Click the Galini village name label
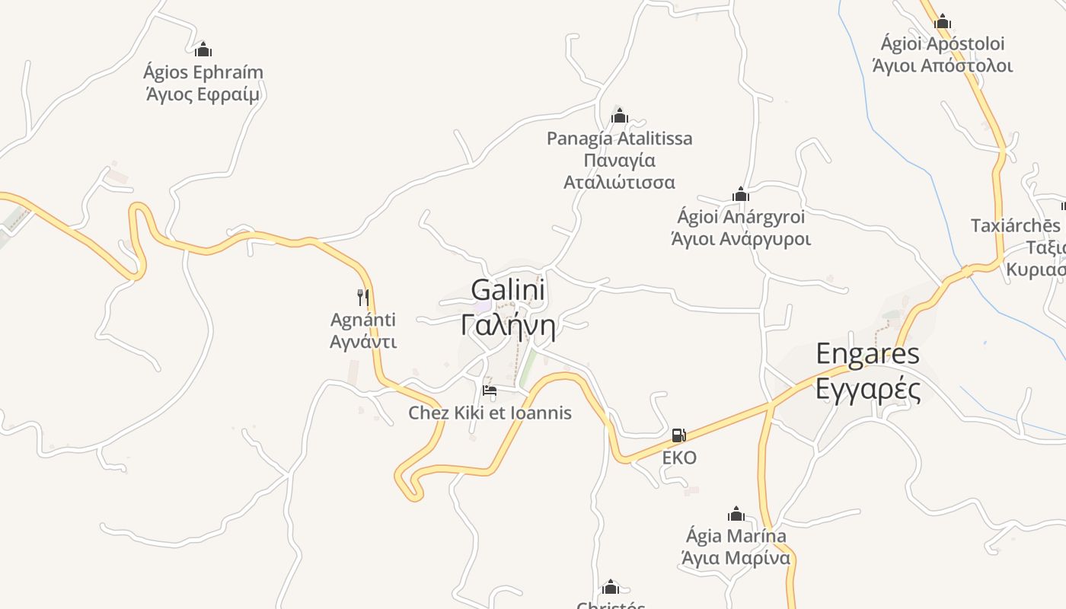pos(508,290)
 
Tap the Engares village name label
pos(867,353)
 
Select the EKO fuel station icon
pos(678,435)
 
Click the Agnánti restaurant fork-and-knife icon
pos(363,297)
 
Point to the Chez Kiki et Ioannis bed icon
pos(490,391)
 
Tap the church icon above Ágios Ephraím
pos(203,49)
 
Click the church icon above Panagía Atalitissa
pos(619,116)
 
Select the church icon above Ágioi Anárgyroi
pos(740,194)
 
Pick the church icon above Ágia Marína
pos(736,514)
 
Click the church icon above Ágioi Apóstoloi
pos(943,21)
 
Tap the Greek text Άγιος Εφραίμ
pos(203,94)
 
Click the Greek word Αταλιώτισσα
pos(619,183)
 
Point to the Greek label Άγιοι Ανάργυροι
pos(740,239)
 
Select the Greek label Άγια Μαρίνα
pos(736,558)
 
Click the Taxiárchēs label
pos(1015,225)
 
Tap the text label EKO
pos(679,458)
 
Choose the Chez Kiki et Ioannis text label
pos(490,413)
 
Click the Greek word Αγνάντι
pos(363,341)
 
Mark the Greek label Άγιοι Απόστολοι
pos(943,65)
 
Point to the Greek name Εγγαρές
pos(867,388)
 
